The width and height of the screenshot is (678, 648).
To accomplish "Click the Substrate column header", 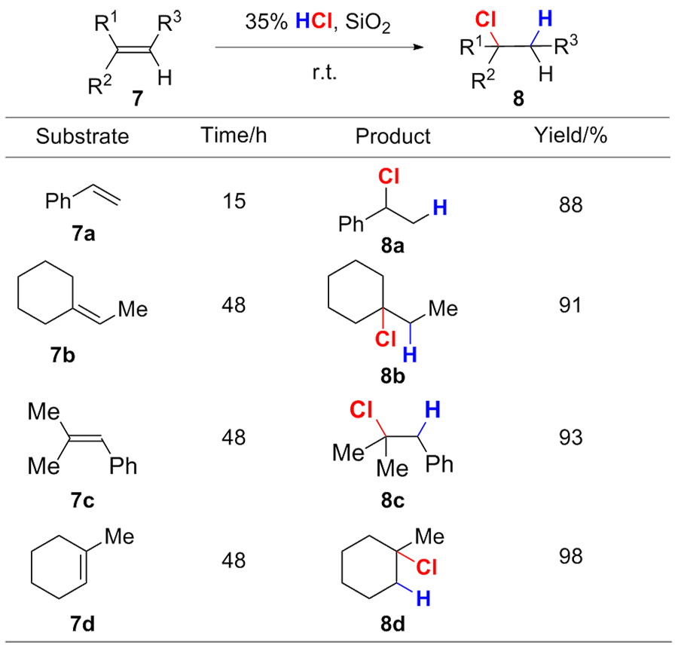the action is point(82,136).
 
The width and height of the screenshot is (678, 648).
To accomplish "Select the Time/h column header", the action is point(234,136).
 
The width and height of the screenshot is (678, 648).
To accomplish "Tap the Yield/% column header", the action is point(570,136).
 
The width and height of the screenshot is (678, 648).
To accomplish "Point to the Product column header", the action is point(392,136).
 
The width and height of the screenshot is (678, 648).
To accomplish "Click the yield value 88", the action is point(570,205).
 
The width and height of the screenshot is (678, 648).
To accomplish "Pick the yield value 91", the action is point(570,305).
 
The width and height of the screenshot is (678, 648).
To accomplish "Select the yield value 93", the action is point(570,438).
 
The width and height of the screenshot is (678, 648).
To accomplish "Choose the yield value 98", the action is point(570,556).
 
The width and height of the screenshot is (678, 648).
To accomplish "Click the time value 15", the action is point(234,201).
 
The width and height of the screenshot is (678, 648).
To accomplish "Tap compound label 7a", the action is point(83,234).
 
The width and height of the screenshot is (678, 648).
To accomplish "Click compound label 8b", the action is point(392,376).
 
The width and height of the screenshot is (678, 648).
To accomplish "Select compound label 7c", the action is point(82,500).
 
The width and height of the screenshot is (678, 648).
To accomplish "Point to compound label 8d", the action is point(392,624).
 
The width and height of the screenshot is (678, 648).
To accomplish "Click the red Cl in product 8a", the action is point(389,176).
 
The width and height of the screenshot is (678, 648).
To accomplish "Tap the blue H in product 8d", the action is point(423,599).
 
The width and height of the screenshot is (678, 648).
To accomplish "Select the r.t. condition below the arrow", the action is point(324,72).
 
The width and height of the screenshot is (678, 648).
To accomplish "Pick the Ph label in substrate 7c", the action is point(124,466).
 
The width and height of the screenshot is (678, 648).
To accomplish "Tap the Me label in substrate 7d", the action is point(119,536).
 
